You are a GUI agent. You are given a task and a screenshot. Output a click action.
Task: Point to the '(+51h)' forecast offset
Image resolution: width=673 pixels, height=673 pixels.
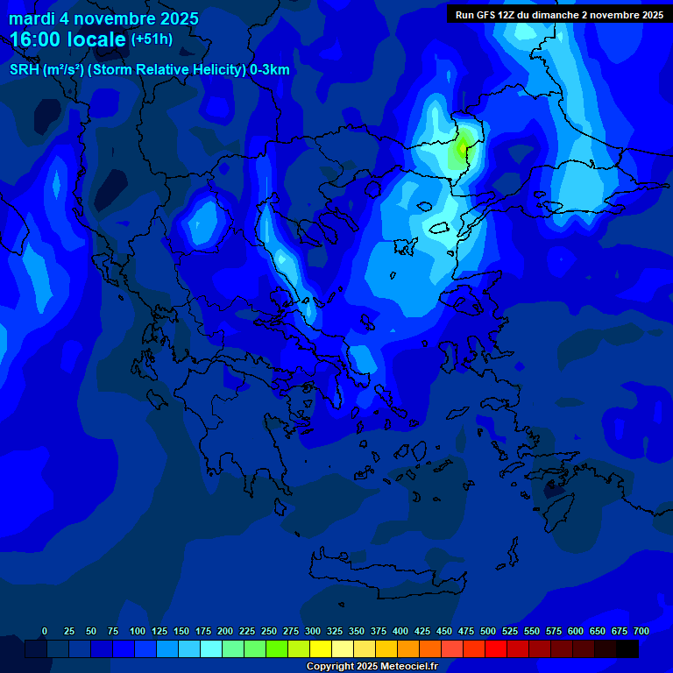point(152,39)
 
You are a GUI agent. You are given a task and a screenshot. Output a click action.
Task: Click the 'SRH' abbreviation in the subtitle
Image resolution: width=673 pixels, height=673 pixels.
point(25,70)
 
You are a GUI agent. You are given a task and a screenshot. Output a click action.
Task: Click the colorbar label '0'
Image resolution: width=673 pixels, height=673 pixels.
point(45,631)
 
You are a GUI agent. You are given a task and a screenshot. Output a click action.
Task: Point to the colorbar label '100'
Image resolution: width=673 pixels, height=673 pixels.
point(138,631)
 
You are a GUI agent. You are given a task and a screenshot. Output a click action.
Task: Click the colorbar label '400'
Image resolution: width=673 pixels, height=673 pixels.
point(400,631)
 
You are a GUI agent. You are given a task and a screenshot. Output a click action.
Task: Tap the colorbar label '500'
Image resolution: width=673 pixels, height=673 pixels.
point(488,631)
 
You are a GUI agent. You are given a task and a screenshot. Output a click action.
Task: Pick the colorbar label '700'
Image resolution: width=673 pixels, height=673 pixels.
point(641,631)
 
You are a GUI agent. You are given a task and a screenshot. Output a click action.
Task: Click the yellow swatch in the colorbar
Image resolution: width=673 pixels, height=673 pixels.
point(321,649)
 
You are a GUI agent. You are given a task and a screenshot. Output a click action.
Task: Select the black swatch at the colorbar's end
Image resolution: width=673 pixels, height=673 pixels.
point(627,649)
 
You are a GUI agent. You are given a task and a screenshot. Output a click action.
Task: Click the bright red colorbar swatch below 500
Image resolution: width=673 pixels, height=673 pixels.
point(496,649)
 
